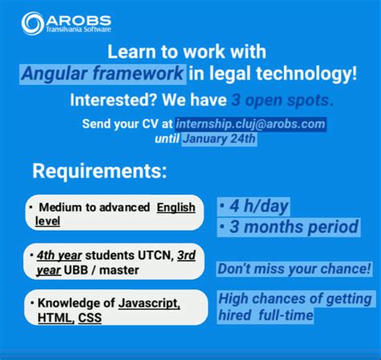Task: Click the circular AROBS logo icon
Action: [x=34, y=23]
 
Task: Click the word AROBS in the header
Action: [x=79, y=18]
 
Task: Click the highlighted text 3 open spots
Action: [x=278, y=101]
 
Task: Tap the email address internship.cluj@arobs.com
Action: [x=262, y=124]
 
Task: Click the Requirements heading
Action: [x=100, y=171]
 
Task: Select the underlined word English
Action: [x=176, y=207]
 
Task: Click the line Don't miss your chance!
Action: [x=294, y=268]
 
